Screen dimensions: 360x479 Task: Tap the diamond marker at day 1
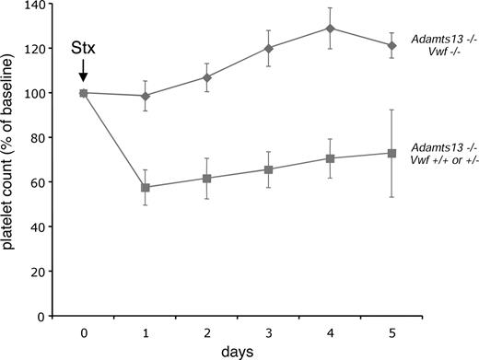tap(145, 96)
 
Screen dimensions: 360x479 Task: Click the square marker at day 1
tap(145, 187)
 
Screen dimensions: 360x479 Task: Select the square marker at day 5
tap(392, 153)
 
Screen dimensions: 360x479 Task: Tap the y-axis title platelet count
tap(11, 158)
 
